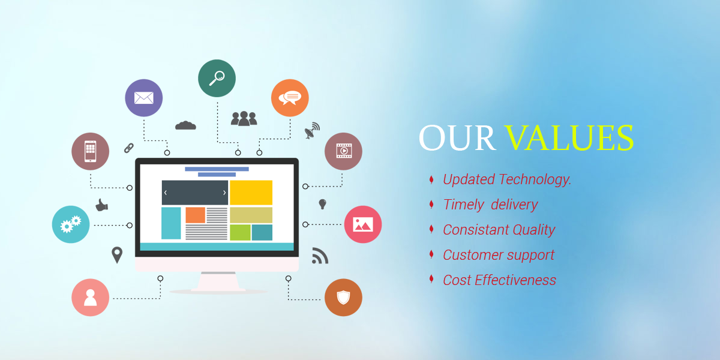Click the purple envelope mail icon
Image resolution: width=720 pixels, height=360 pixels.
(x=143, y=98)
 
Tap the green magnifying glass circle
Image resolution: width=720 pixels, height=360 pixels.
(x=217, y=78)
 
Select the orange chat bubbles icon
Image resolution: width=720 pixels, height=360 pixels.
(x=290, y=98)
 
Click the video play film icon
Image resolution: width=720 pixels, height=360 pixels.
(x=343, y=151)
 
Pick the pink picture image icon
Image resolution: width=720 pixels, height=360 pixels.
(x=363, y=224)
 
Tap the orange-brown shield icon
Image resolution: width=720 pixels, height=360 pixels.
(x=343, y=298)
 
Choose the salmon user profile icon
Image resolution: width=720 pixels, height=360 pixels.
(x=91, y=298)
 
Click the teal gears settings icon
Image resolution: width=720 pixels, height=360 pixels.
(x=71, y=224)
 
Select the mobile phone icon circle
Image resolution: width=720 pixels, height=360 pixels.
(x=91, y=151)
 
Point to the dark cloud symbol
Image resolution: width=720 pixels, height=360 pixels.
(x=185, y=125)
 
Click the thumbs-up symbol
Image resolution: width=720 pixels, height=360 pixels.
(x=102, y=205)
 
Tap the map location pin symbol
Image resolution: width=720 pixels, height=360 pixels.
(x=117, y=255)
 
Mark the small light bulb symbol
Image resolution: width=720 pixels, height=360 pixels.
(x=322, y=204)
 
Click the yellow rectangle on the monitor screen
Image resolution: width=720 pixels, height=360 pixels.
(x=251, y=193)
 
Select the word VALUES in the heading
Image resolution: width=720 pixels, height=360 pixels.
(x=569, y=138)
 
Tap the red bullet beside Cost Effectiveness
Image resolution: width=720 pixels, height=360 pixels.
(x=431, y=279)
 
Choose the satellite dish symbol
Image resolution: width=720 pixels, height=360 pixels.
(x=312, y=130)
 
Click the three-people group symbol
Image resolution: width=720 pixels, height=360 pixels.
(x=244, y=118)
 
